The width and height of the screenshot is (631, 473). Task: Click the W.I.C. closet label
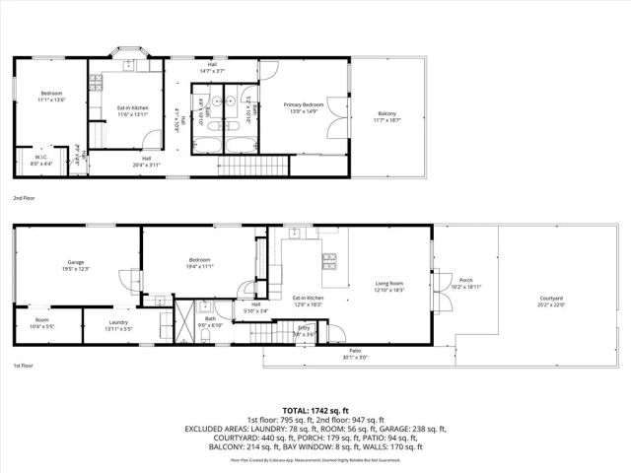[x=41, y=160]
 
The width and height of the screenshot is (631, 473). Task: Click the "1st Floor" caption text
[x=23, y=367]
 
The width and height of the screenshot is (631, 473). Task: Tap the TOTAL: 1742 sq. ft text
[x=315, y=410]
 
